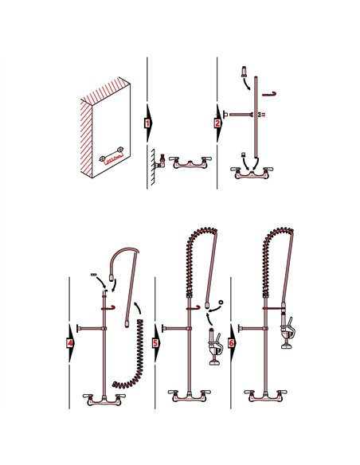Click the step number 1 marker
[x=147, y=123]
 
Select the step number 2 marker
[x=217, y=123]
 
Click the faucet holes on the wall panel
[x=111, y=157]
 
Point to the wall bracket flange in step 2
[x=225, y=115]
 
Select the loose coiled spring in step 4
[x=131, y=350]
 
